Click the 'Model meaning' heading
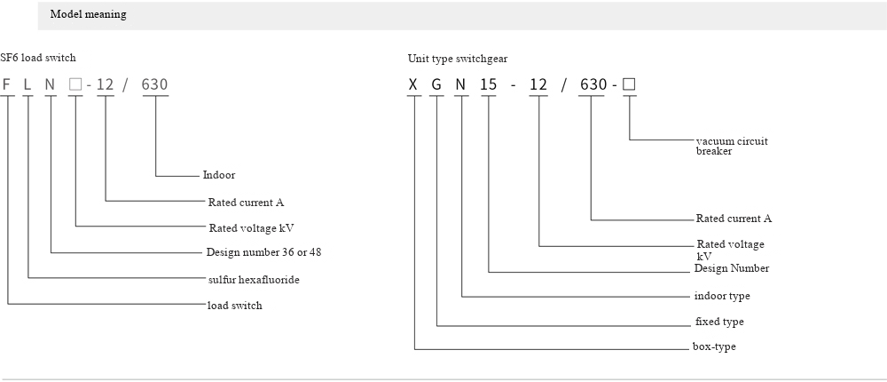coord(88,15)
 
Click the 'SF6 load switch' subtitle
coord(38,58)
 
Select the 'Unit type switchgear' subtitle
coord(458,59)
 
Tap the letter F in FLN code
coord(7,85)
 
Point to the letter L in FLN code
coord(28,85)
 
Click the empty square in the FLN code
coord(75,84)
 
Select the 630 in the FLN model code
coord(154,85)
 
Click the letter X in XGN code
coord(412,85)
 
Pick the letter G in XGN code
coord(436,85)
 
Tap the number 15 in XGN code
coord(488,85)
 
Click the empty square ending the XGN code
coord(629,84)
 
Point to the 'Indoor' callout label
coord(219,176)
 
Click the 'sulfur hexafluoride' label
coord(254,280)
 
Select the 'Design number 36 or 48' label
coord(264,252)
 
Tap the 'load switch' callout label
coord(235,306)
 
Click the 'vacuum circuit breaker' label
coord(731,147)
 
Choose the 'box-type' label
coord(715,346)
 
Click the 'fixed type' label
coord(719,322)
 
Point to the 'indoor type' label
coord(722,296)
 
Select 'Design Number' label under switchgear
coord(732,268)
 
